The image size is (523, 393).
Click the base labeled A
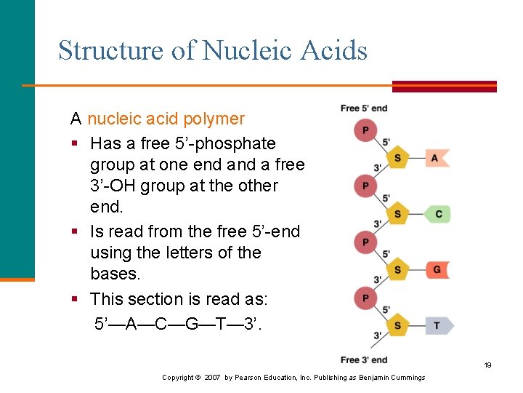point(435,157)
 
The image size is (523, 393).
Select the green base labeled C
point(437,214)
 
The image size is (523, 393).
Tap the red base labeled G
point(437,269)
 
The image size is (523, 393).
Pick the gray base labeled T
point(437,325)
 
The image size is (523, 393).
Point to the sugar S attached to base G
point(397,270)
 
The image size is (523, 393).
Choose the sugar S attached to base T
point(397,325)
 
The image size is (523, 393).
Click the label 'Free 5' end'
point(364,108)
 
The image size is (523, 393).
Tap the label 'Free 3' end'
point(364,360)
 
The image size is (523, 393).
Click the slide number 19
point(487,365)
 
